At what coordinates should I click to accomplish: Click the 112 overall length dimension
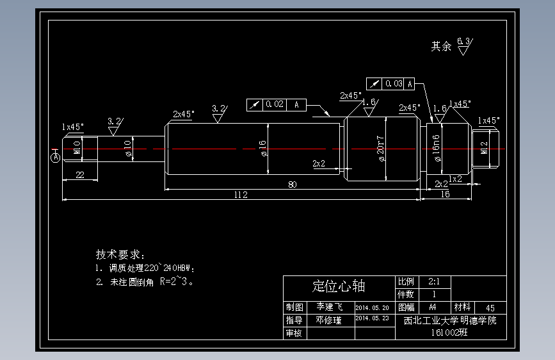coord(241,195)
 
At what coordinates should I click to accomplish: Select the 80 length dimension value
coord(292,184)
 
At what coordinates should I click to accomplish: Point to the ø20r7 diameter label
coord(381,149)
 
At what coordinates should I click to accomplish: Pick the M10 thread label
coord(77,147)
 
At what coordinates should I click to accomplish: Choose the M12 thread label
coord(484,148)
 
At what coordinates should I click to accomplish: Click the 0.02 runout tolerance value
coord(275,104)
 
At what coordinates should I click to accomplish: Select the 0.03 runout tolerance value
coord(394,83)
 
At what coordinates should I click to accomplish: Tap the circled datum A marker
coord(56,156)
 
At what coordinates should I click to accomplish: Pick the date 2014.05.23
coord(372,318)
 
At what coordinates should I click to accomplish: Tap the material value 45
coord(490,308)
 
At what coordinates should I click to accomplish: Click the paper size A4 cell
coord(433,307)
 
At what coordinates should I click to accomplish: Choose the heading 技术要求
coord(120,254)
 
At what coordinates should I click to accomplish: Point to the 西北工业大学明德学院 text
coord(450,320)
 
